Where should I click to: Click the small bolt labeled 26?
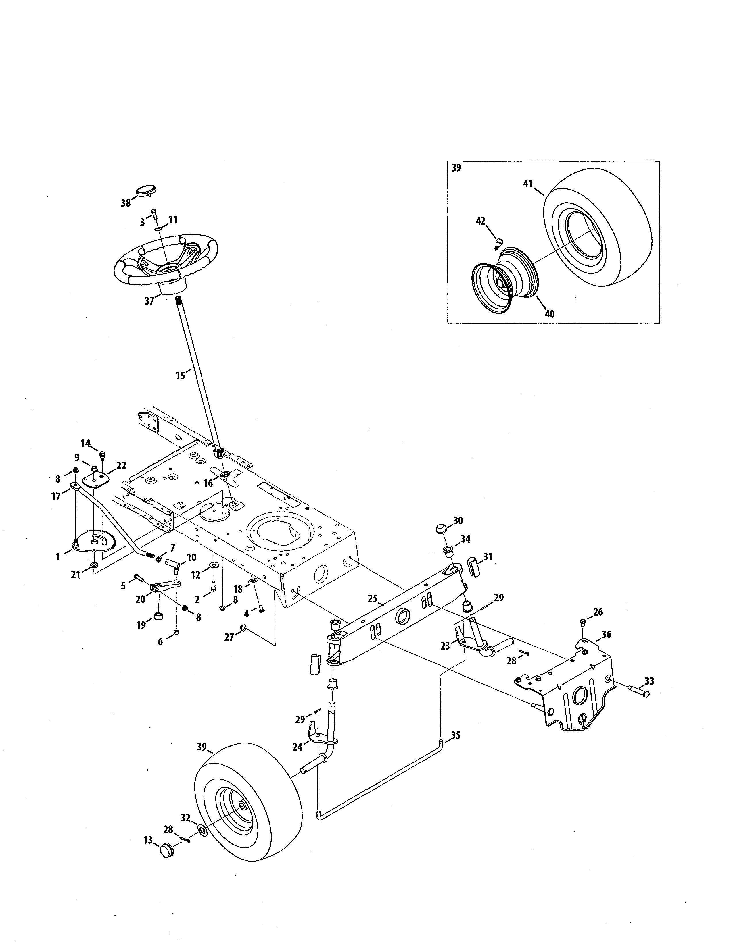point(583,622)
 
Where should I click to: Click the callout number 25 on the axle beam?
point(372,599)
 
